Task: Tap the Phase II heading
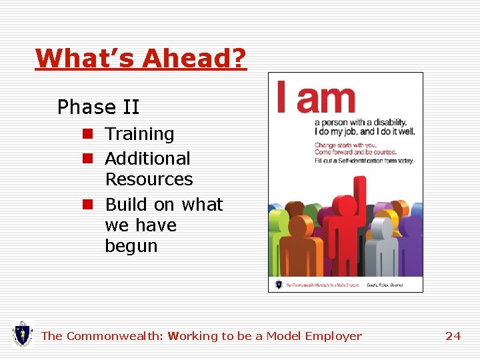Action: click(98, 107)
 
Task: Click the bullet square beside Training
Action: click(87, 134)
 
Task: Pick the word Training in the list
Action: click(139, 134)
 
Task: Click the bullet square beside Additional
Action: click(87, 159)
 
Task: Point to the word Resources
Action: click(149, 179)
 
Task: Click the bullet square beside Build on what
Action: click(87, 204)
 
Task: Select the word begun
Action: click(131, 246)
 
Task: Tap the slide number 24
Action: click(453, 336)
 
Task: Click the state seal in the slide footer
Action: click(23, 333)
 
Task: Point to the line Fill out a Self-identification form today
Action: click(364, 161)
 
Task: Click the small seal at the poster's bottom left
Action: click(278, 284)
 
